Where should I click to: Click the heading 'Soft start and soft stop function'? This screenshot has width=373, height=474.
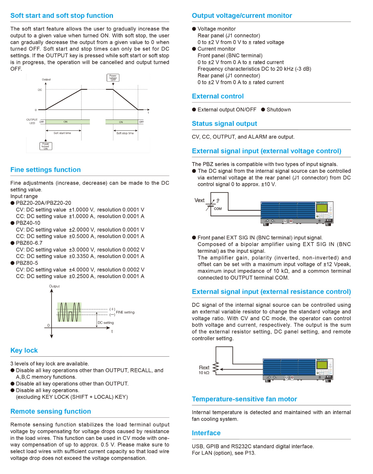tap(62, 16)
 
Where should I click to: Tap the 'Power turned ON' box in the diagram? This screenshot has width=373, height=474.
tap(46, 146)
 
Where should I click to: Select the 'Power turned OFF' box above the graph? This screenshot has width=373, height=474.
tap(113, 78)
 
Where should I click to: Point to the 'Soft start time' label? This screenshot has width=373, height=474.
tap(62, 133)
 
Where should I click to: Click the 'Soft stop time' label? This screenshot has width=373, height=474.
tap(125, 133)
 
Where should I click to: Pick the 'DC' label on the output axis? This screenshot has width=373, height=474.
tap(40, 90)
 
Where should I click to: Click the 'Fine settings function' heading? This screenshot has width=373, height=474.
tap(46, 170)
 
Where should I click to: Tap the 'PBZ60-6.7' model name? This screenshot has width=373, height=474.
tap(29, 243)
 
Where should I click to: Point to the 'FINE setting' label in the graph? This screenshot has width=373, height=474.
tap(125, 312)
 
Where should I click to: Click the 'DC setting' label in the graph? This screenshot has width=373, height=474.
tap(106, 323)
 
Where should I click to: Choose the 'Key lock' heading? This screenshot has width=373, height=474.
tap(24, 350)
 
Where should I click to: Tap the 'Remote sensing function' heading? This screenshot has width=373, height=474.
tap(51, 411)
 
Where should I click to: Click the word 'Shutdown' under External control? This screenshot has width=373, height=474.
tap(279, 109)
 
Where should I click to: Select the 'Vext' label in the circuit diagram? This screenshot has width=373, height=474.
tap(200, 200)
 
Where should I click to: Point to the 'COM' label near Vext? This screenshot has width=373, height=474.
tap(218, 209)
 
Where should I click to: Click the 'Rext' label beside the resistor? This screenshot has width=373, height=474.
tap(204, 368)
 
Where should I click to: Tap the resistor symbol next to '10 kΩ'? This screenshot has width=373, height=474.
tap(216, 368)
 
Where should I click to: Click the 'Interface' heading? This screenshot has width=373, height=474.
tap(206, 433)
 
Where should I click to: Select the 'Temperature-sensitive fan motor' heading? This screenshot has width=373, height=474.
tap(244, 399)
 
